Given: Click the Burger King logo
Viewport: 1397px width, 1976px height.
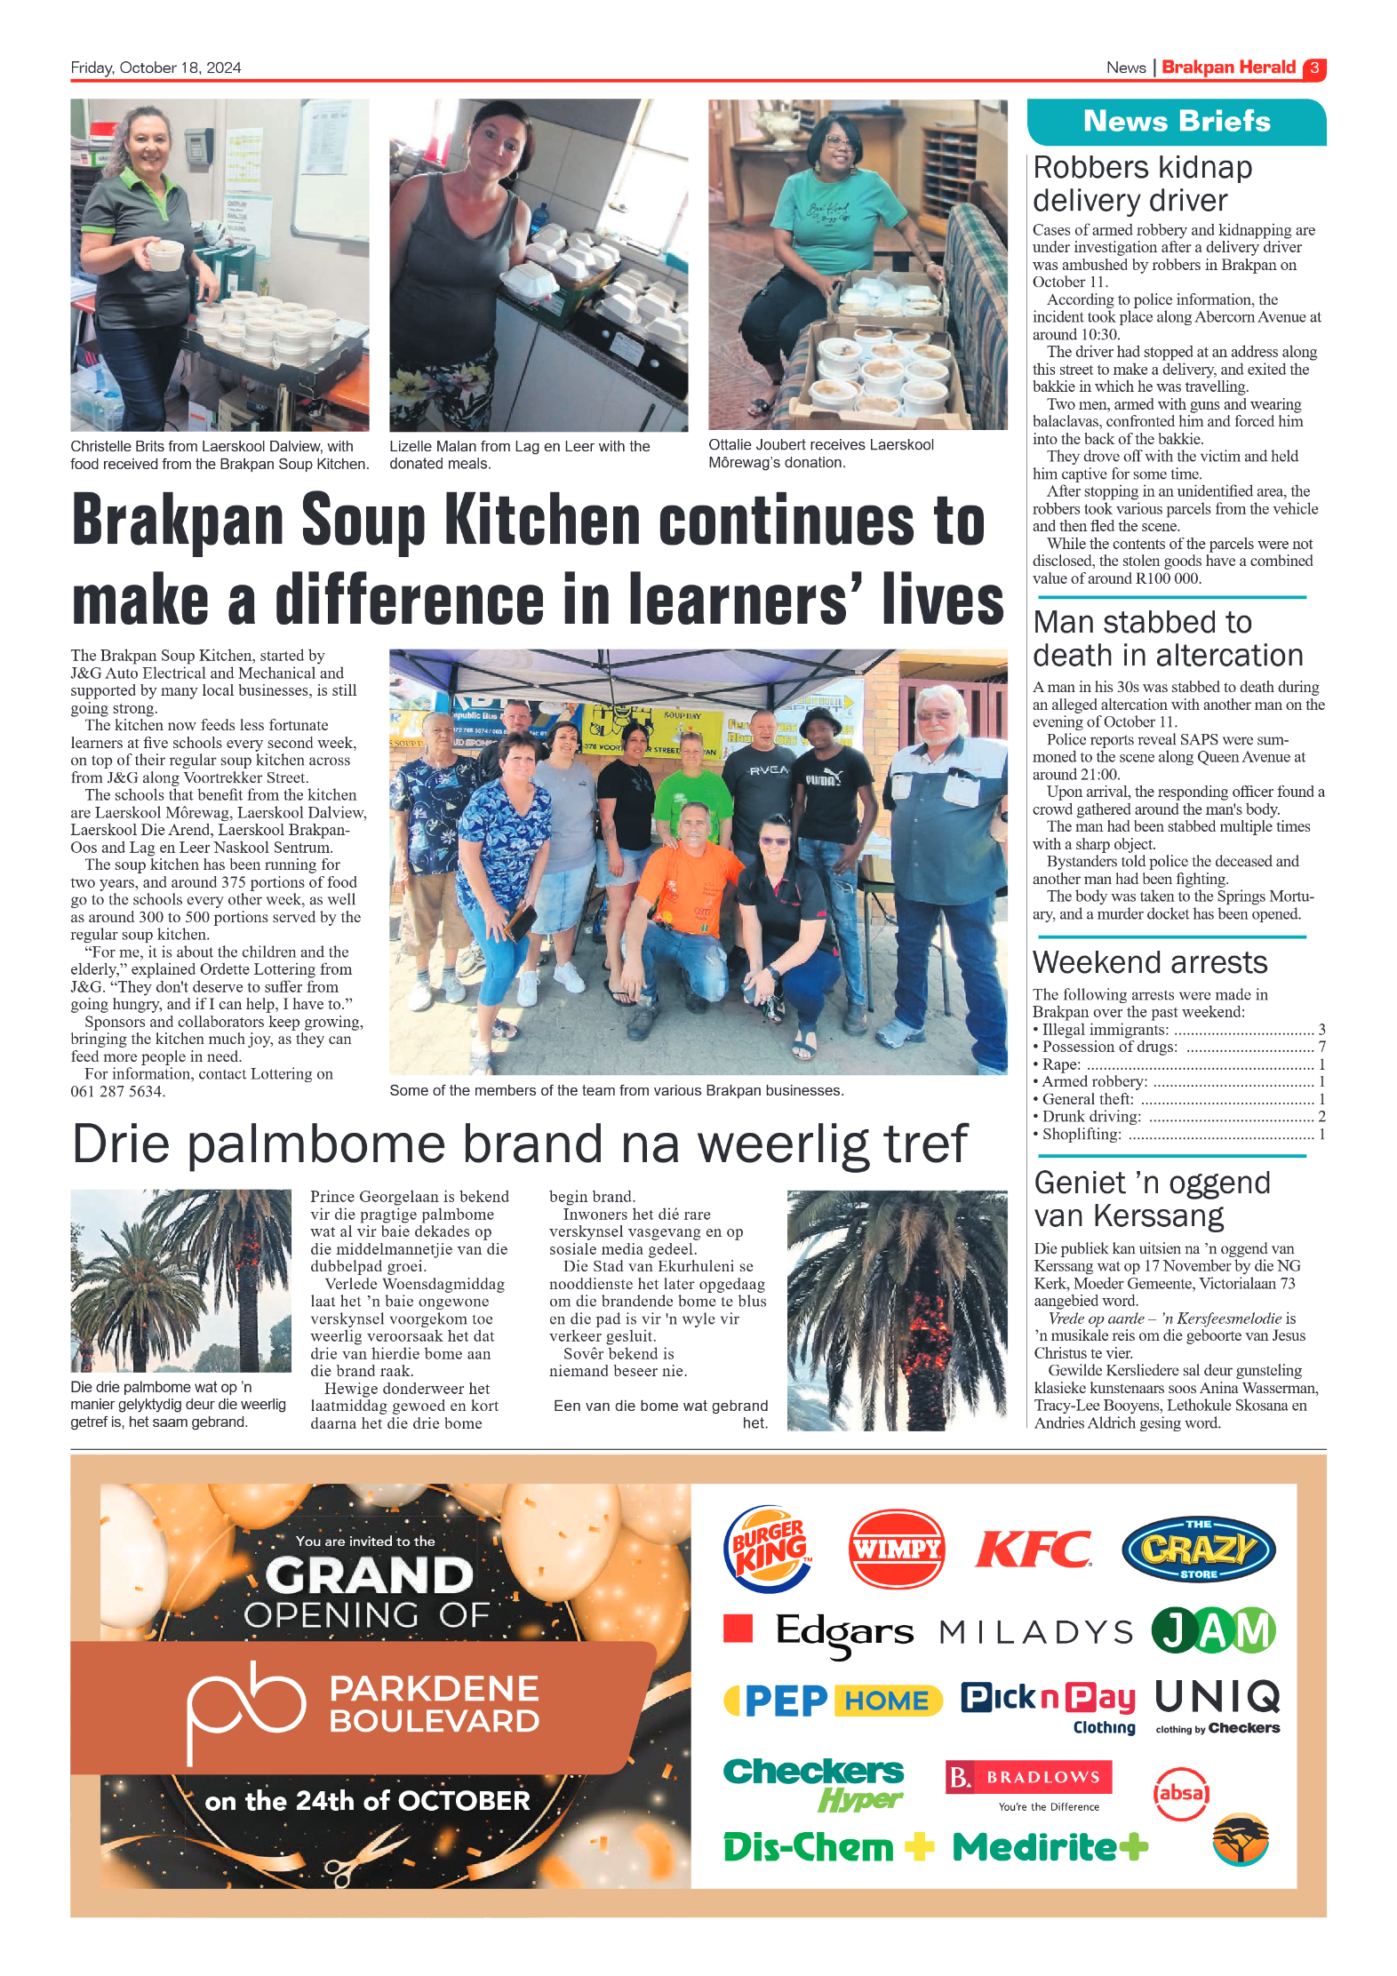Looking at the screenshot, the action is tap(769, 1549).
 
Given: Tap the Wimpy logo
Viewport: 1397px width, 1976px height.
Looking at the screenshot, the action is tap(896, 1549).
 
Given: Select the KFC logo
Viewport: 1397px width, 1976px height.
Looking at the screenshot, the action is tap(1033, 1550).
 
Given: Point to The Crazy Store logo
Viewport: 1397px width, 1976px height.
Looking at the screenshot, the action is tap(1198, 1549).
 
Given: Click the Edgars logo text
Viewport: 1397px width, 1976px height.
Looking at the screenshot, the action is tap(843, 1631).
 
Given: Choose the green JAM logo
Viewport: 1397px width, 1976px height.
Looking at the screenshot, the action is tap(1213, 1631).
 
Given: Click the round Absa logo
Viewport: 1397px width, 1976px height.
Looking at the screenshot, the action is tap(1181, 1792).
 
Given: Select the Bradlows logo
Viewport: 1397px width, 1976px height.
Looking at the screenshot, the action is tap(1028, 1778).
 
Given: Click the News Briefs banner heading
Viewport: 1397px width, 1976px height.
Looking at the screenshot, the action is tap(1176, 121).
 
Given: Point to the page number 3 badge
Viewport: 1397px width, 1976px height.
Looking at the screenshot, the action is tap(1314, 68).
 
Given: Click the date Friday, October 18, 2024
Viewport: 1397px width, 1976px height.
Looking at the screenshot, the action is tap(156, 68).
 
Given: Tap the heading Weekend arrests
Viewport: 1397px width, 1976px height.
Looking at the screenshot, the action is tap(1149, 962).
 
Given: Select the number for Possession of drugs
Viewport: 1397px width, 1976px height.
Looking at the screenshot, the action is tap(1321, 1047).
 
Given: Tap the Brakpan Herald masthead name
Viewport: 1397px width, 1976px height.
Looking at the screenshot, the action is tap(1228, 68).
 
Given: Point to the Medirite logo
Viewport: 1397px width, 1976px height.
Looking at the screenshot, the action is tap(1050, 1847).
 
